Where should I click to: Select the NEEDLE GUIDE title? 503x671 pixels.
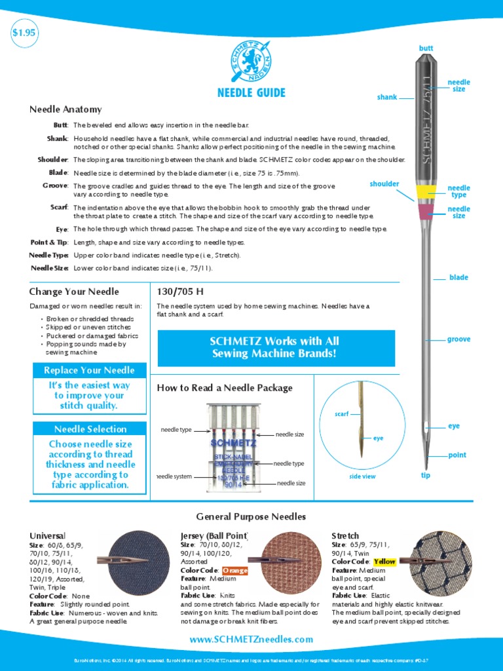point(251,92)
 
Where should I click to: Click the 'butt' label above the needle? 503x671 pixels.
point(426,48)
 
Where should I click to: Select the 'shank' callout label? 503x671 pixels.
point(387,97)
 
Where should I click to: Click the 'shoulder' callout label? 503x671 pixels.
point(384,184)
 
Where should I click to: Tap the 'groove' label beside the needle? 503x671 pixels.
point(458,339)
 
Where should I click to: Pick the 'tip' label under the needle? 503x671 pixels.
point(426,475)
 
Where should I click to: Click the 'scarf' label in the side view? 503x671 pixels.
point(341,414)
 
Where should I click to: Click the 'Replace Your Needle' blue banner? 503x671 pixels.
point(89,370)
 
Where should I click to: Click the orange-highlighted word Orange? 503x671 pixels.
point(235,570)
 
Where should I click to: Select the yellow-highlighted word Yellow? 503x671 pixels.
point(384,562)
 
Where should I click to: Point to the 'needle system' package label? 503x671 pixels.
point(174,476)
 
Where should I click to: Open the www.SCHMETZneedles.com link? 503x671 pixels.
point(251,640)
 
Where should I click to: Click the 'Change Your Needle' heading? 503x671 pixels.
point(74,292)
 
